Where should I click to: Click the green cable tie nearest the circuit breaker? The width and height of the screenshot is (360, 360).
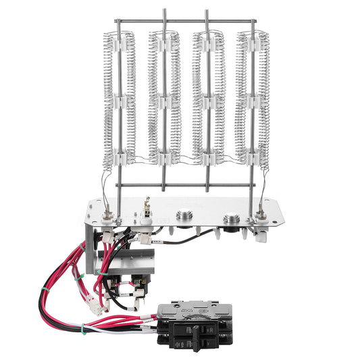tap(84, 330)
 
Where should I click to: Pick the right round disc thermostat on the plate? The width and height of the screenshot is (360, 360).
tap(232, 217)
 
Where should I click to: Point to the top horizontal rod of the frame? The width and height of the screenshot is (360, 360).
tap(186, 20)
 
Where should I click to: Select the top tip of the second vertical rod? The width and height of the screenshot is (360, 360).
tap(165, 11)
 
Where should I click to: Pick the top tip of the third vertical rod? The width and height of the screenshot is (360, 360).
tap(207, 11)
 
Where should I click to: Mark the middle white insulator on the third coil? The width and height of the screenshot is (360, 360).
tap(207, 101)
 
